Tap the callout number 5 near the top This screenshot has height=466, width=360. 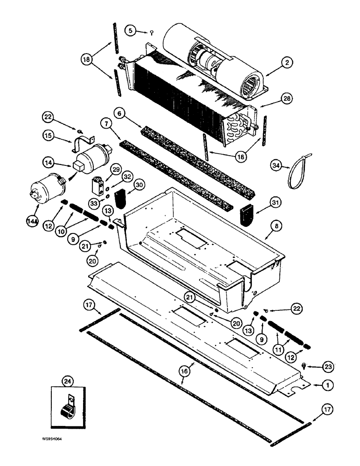(x=131, y=31)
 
